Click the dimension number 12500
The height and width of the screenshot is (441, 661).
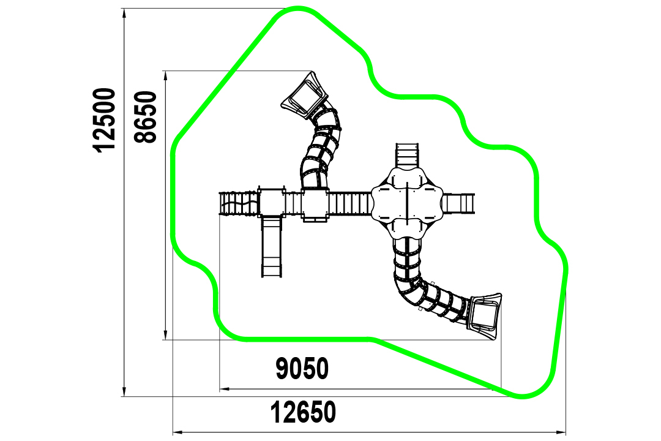(105, 120)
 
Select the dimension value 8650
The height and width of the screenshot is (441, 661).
(146, 117)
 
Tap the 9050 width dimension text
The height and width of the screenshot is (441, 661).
(302, 368)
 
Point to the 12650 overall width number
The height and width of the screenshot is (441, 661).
(303, 412)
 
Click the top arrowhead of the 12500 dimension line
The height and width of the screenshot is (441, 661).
(124, 13)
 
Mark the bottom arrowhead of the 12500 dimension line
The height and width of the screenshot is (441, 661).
(124, 391)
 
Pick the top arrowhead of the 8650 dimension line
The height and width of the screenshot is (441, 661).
(166, 76)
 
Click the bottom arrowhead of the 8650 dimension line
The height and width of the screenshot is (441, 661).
(166, 334)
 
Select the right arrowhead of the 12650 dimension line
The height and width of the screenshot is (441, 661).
(560, 432)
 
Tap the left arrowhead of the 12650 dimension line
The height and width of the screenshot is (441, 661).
(178, 432)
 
